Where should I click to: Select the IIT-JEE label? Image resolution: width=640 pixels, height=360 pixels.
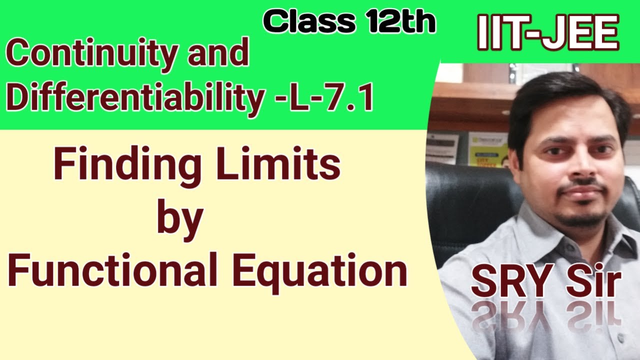[548, 32]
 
